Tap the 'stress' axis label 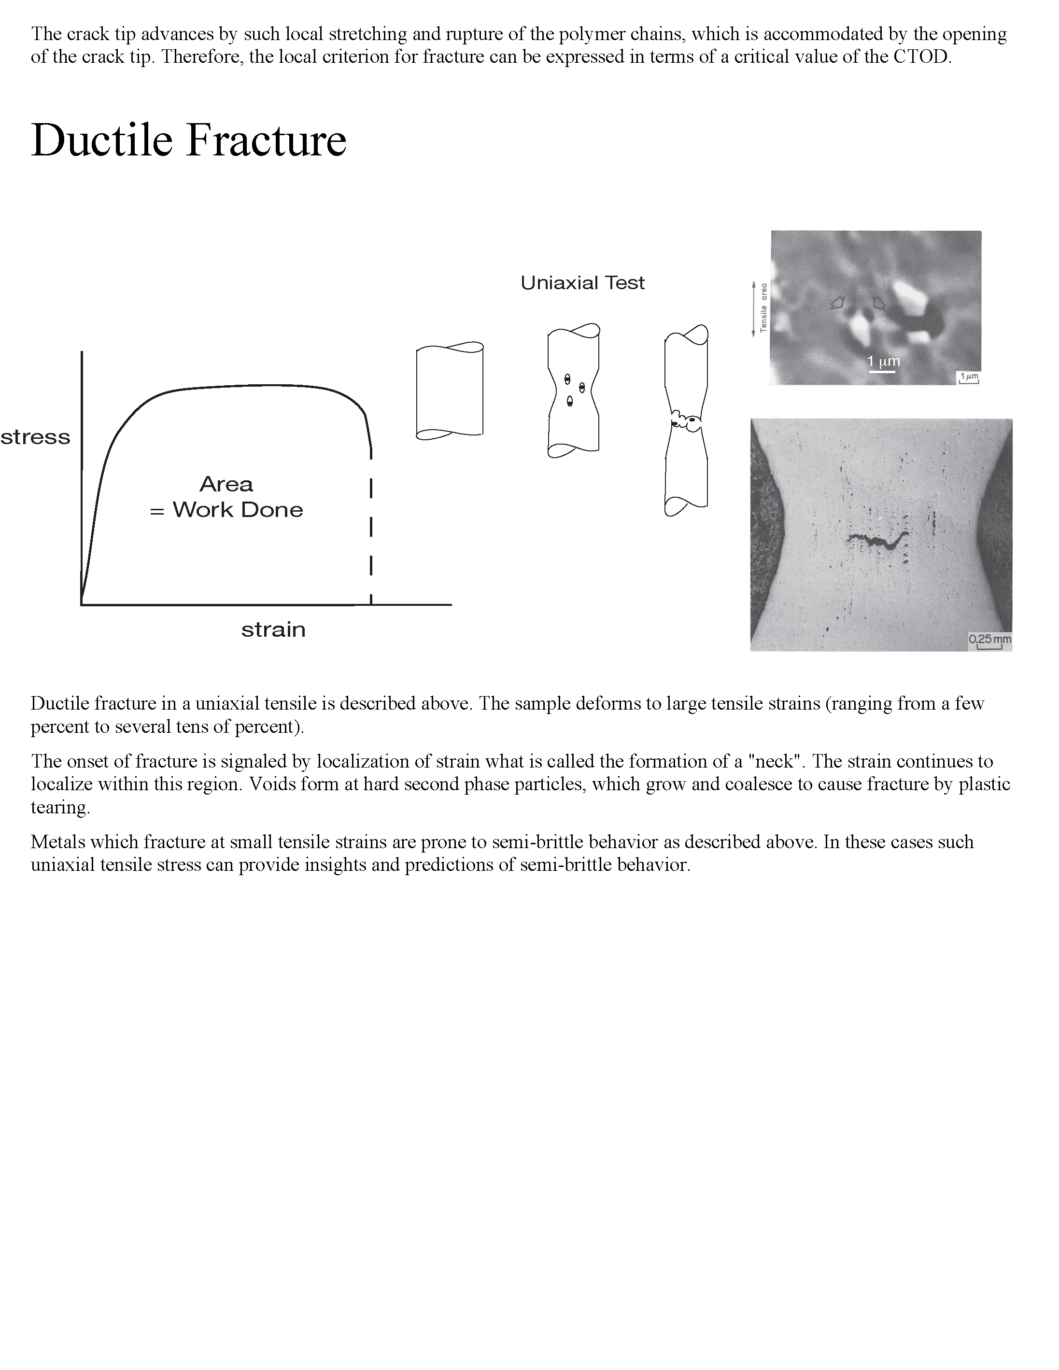tap(35, 437)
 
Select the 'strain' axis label tap(273, 629)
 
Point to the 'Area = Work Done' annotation tap(226, 497)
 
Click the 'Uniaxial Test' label tap(582, 283)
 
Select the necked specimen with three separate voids tap(573, 390)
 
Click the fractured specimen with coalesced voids tap(686, 420)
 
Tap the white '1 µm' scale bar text tap(883, 361)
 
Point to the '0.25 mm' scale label tap(989, 639)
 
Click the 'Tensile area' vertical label tap(763, 308)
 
